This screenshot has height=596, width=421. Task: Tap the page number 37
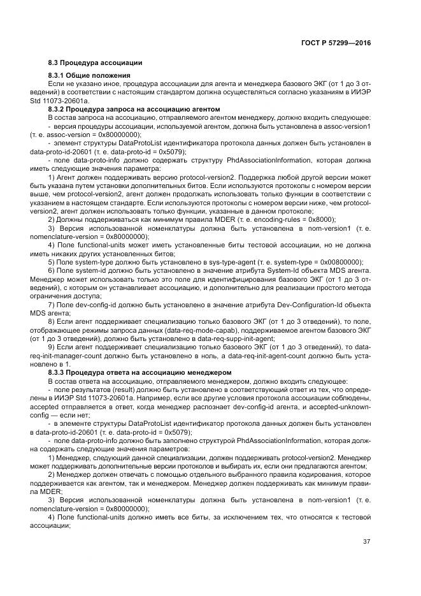click(x=366, y=542)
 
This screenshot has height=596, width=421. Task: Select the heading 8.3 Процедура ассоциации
click(x=95, y=62)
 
